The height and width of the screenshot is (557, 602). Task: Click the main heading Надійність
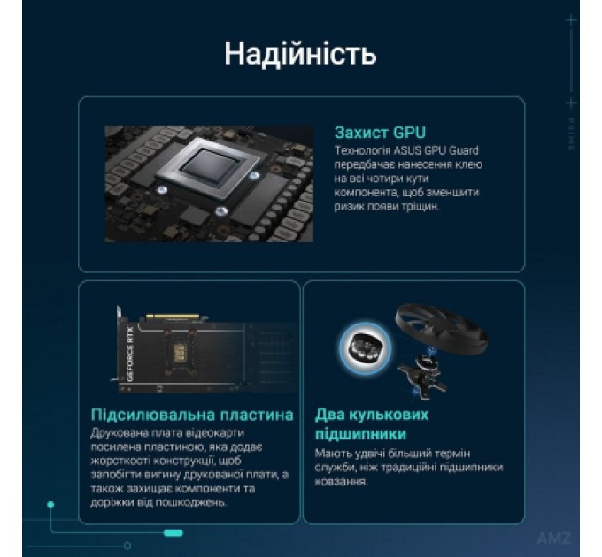tap(300, 53)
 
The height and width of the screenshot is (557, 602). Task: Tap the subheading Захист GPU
tap(381, 133)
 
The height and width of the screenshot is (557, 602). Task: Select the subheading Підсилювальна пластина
tap(192, 415)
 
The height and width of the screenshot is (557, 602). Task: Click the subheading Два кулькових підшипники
tap(372, 424)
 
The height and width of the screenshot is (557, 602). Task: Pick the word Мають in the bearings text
tap(332, 454)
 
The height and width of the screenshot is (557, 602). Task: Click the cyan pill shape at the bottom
tap(174, 532)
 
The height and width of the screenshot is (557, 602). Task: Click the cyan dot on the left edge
tap(51, 504)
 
